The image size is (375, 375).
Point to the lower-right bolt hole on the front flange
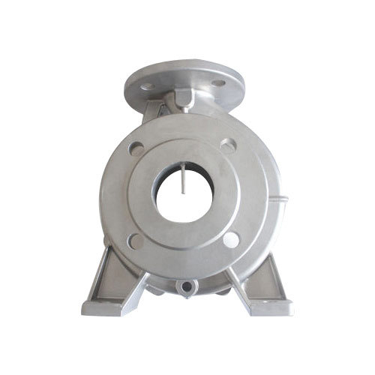pyautogui.click(x=232, y=240)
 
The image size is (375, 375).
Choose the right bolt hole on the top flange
pyautogui.click(x=218, y=82)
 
